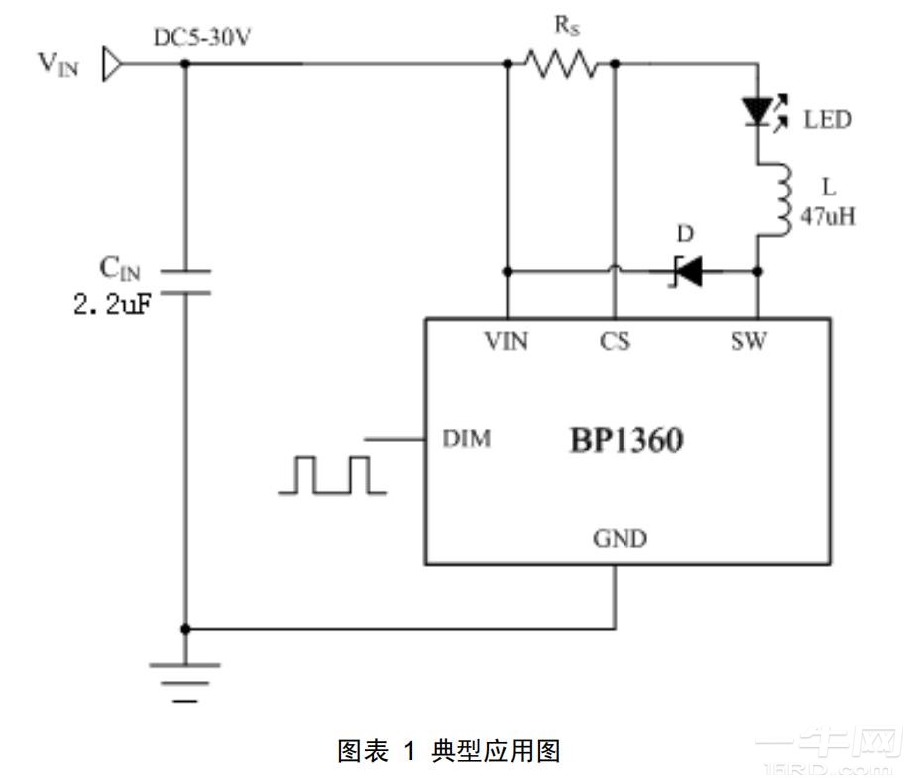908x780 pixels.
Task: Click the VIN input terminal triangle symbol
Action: (x=111, y=65)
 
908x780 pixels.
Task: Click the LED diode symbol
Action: (x=759, y=112)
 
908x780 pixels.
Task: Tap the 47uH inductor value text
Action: (x=827, y=216)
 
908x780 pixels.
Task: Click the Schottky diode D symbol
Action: (x=686, y=270)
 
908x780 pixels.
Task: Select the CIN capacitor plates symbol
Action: (x=184, y=280)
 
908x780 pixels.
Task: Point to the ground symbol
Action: (x=184, y=681)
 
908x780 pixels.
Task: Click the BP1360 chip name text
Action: (x=624, y=440)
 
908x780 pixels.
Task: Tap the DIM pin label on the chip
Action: (x=466, y=438)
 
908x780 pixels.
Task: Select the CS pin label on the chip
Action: (x=614, y=342)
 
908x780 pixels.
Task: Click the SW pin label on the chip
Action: (x=748, y=342)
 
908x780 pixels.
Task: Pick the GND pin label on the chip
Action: (x=620, y=539)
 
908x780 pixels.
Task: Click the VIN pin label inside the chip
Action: (x=506, y=342)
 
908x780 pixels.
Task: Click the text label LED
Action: (x=827, y=120)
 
